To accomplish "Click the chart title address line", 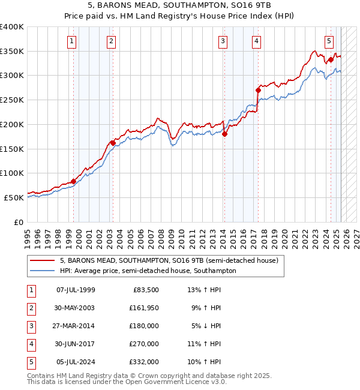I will (x=181, y=6).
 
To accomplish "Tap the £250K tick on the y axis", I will (x=12, y=100).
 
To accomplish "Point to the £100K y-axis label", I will (x=12, y=173).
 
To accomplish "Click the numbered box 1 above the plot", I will (x=71, y=41).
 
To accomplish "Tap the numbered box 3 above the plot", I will (x=223, y=41).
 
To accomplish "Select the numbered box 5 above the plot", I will (x=329, y=41).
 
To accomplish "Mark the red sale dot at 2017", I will (x=258, y=91).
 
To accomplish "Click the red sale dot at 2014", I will (x=224, y=134).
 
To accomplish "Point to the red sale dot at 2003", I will (x=113, y=143).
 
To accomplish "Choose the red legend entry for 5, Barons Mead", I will (x=169, y=261).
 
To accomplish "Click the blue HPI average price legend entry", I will (x=148, y=271).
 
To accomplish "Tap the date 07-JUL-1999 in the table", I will (x=76, y=290).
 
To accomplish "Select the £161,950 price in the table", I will (x=142, y=308).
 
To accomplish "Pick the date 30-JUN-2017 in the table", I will (x=76, y=344).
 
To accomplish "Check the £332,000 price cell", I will (x=142, y=362).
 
